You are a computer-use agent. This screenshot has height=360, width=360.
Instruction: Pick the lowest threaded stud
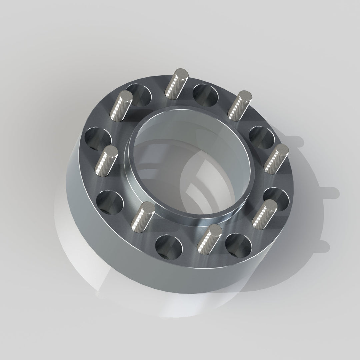(209, 238)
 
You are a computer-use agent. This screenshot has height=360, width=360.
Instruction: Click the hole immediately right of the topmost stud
(205, 94)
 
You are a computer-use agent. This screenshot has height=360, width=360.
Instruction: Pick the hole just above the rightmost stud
(262, 137)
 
